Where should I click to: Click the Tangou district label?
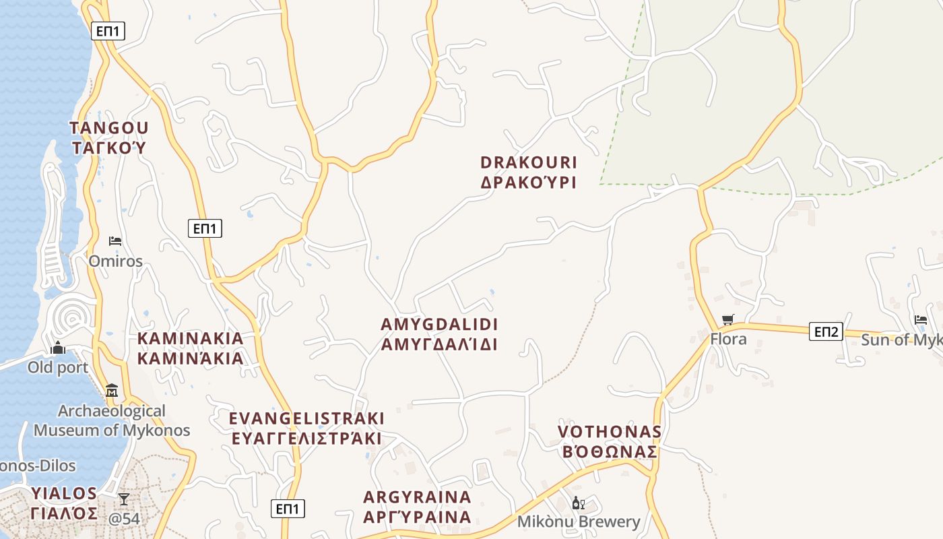[x=108, y=137]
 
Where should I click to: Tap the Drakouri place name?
[x=529, y=172]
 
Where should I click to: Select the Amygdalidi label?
[x=439, y=334]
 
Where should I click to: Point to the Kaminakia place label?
[x=191, y=348]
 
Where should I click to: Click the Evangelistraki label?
[x=306, y=429]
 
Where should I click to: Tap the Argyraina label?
[x=417, y=507]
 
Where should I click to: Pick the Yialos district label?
[x=64, y=503]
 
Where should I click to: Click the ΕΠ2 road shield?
[x=826, y=331]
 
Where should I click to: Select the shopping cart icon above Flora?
[x=727, y=319]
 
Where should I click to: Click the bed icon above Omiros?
[x=115, y=241]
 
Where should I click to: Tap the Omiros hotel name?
[x=116, y=261]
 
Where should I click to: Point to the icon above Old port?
[x=58, y=348]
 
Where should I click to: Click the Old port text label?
[x=58, y=368]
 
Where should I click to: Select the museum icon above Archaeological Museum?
[x=112, y=390]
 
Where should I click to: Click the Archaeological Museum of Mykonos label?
[x=112, y=420]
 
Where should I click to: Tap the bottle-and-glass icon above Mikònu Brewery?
[x=579, y=503]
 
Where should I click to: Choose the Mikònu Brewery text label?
[x=579, y=521]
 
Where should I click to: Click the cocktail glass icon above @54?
[x=124, y=499]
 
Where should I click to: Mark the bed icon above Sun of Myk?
[x=921, y=320]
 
